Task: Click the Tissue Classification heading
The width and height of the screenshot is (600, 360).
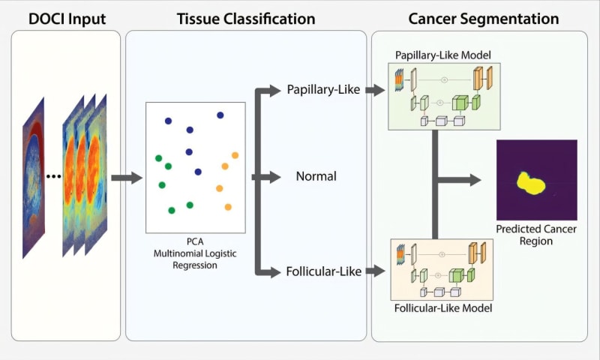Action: point(245,18)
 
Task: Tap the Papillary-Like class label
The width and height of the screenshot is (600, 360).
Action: point(323,90)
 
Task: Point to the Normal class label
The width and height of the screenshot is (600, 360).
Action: point(316,177)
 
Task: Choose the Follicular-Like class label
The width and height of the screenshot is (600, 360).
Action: point(324,271)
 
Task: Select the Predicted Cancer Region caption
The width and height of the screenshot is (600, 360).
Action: point(536,235)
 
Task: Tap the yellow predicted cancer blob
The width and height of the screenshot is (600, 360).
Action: point(533,182)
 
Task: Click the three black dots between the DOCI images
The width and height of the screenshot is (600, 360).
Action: point(53,177)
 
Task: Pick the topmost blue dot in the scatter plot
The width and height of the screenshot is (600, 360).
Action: point(220,115)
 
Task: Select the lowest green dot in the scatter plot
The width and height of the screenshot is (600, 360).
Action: point(172,211)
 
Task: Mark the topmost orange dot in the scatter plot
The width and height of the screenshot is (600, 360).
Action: point(235,155)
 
